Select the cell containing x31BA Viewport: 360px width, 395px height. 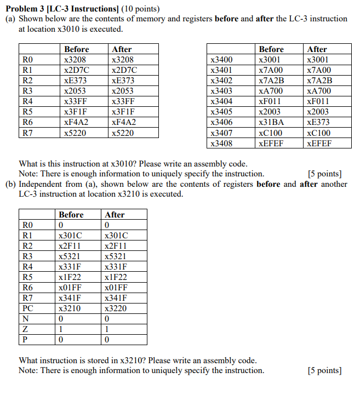pyautogui.click(x=271, y=122)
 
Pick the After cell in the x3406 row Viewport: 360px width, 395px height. pyautogui.click(x=318, y=122)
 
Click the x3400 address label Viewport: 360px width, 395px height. pyautogui.click(x=221, y=60)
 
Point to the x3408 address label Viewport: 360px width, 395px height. pyautogui.click(x=221, y=143)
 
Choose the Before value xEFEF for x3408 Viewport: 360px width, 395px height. pyautogui.click(x=271, y=143)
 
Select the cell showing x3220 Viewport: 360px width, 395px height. pyautogui.click(x=115, y=308)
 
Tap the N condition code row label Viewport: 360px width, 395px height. pyautogui.click(x=25, y=319)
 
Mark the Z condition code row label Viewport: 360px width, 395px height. pyautogui.click(x=25, y=329)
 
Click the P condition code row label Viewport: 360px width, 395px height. pyautogui.click(x=25, y=340)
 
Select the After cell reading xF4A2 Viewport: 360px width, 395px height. pyautogui.click(x=123, y=122)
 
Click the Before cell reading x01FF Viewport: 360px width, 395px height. pyautogui.click(x=70, y=288)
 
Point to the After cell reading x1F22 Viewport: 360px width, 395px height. pyautogui.click(x=116, y=277)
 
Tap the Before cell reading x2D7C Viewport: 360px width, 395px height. pyautogui.click(x=76, y=70)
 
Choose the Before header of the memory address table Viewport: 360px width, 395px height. pyautogui.click(x=271, y=49)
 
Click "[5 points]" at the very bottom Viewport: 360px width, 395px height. pyautogui.click(x=325, y=370)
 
